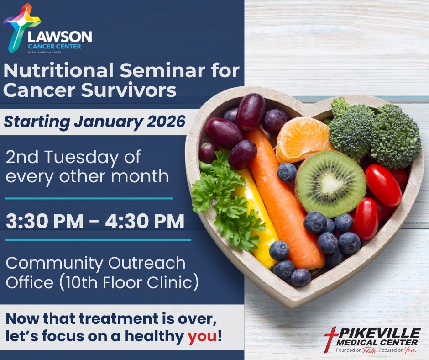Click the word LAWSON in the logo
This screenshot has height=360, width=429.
click(60, 37)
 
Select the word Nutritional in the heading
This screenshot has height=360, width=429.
click(58, 70)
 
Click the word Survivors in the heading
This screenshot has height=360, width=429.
click(129, 90)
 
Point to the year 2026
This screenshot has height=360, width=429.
click(166, 122)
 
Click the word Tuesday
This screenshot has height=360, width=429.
click(81, 158)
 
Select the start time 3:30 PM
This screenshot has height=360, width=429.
click(45, 221)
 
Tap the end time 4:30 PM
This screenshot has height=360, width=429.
click(145, 221)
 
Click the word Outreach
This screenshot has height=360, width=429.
click(146, 263)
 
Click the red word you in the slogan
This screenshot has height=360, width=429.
click(202, 336)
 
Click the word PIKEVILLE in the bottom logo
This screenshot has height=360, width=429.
click(379, 334)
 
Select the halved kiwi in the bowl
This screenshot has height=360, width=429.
click(330, 184)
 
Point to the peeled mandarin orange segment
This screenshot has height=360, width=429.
click(302, 139)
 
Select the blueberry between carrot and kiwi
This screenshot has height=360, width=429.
click(287, 172)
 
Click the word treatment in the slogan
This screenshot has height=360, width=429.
click(119, 318)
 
